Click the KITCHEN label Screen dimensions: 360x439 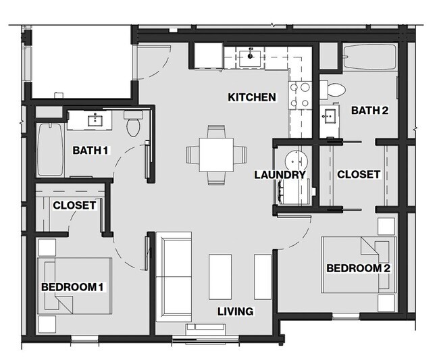pos(251,97)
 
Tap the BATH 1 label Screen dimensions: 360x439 pos(91,150)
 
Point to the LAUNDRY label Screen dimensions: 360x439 pos(280,175)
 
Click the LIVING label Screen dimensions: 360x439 pos(235,311)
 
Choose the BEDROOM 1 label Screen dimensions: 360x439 pos(72,287)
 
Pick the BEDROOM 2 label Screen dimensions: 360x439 pos(359,268)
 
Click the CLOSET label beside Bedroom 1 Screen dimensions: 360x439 pos(74,205)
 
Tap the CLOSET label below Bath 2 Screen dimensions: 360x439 pos(359,174)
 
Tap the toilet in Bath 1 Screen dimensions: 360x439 pos(133,124)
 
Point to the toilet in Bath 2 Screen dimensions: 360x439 pos(334,88)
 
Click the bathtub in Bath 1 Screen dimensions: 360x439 pos(47,149)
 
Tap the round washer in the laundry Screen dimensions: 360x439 pos(294,161)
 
